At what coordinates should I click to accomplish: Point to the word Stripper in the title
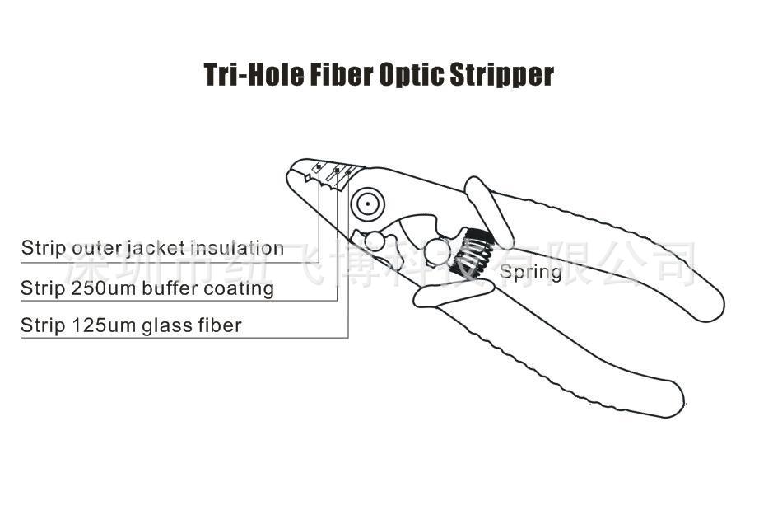[501, 75]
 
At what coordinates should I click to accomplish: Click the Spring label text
[531, 272]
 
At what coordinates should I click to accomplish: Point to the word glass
[170, 326]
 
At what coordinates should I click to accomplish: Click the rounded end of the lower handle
[670, 399]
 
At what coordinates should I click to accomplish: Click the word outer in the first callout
[98, 248]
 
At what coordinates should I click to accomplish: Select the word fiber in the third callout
[221, 325]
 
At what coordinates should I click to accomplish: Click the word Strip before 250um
[43, 288]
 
